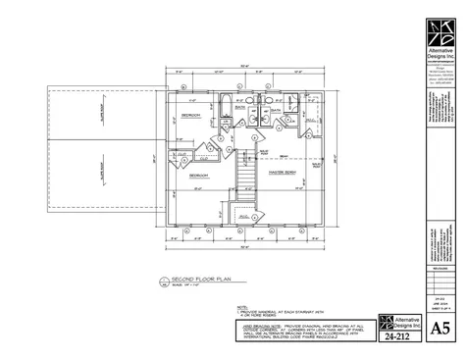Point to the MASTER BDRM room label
[285, 169]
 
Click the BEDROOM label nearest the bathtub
[189, 116]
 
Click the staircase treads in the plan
[250, 177]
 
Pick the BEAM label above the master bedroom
[282, 156]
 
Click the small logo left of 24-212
[386, 322]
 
